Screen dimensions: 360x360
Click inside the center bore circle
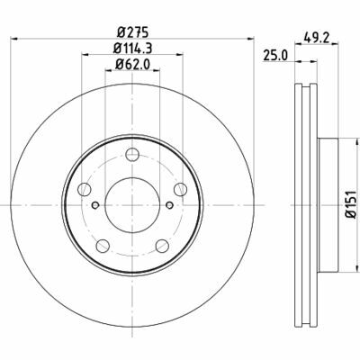[132, 205]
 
